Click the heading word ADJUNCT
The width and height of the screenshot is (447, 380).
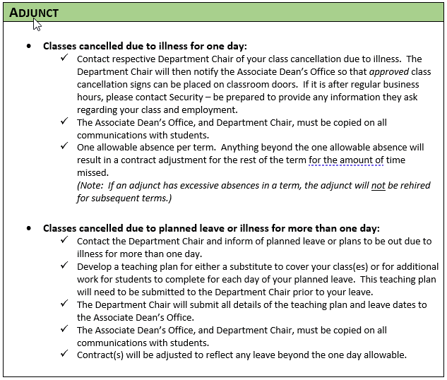[34, 12]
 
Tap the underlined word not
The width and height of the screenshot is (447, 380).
[379, 186]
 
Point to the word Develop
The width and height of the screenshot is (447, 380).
[96, 267]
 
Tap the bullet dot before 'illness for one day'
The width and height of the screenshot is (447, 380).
[29, 46]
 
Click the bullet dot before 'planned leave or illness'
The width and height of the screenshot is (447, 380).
[29, 228]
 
